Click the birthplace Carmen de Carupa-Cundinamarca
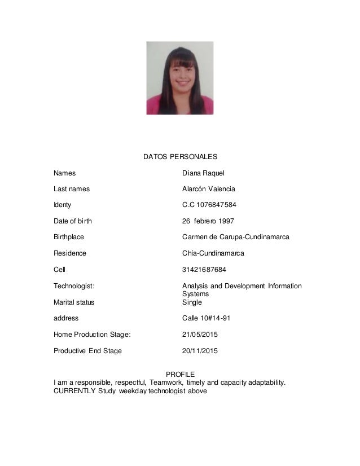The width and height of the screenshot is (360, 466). coord(236,237)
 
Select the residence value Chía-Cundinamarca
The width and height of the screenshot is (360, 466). coord(213,253)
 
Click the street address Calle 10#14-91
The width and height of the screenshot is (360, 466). coord(206,318)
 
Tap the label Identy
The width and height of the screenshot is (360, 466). coord(63,205)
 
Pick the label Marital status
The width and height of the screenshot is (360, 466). coord(74,302)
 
